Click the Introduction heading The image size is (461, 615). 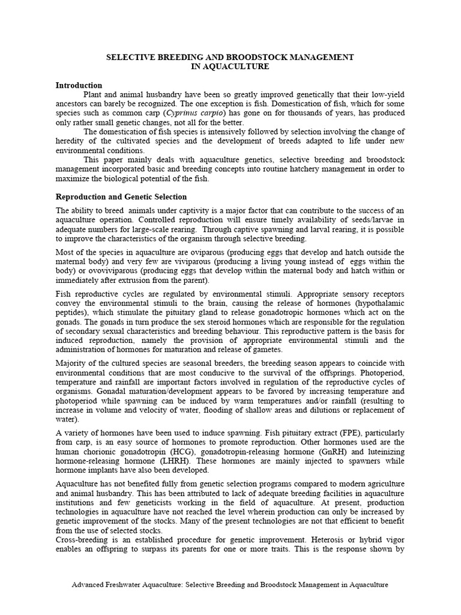tap(79, 85)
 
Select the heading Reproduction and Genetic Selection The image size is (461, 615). tap(121, 196)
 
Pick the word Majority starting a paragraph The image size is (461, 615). tap(72, 363)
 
